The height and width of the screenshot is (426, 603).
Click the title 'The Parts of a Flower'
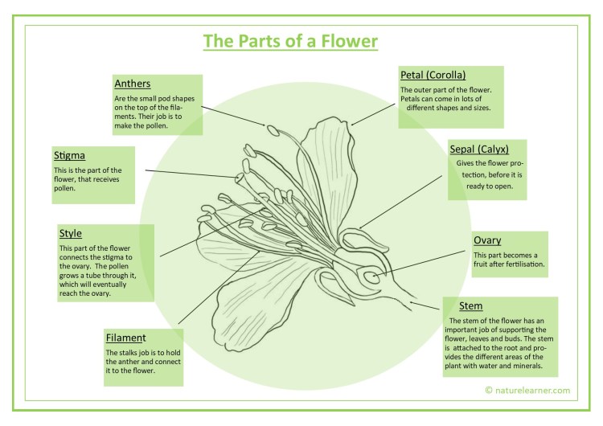click(289, 40)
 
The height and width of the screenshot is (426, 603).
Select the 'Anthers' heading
click(133, 84)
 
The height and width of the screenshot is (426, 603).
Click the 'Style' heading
click(71, 234)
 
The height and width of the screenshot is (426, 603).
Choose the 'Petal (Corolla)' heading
click(433, 75)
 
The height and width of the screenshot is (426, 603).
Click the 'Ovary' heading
click(487, 240)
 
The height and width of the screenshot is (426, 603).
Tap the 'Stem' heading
click(470, 306)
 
